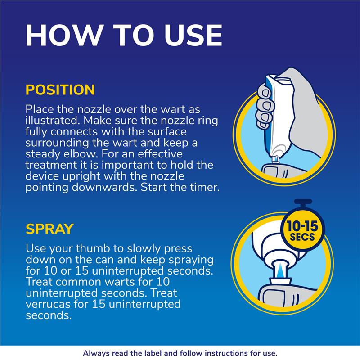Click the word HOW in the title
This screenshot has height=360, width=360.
click(63, 36)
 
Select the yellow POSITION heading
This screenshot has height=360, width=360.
click(60, 90)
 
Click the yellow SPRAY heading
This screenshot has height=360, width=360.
click(49, 229)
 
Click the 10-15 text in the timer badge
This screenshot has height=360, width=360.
click(302, 226)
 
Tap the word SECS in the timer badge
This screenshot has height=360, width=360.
click(302, 237)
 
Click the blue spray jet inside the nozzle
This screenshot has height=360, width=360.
click(280, 270)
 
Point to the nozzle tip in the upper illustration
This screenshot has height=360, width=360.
click(275, 160)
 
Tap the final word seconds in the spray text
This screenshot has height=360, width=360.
click(49, 316)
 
